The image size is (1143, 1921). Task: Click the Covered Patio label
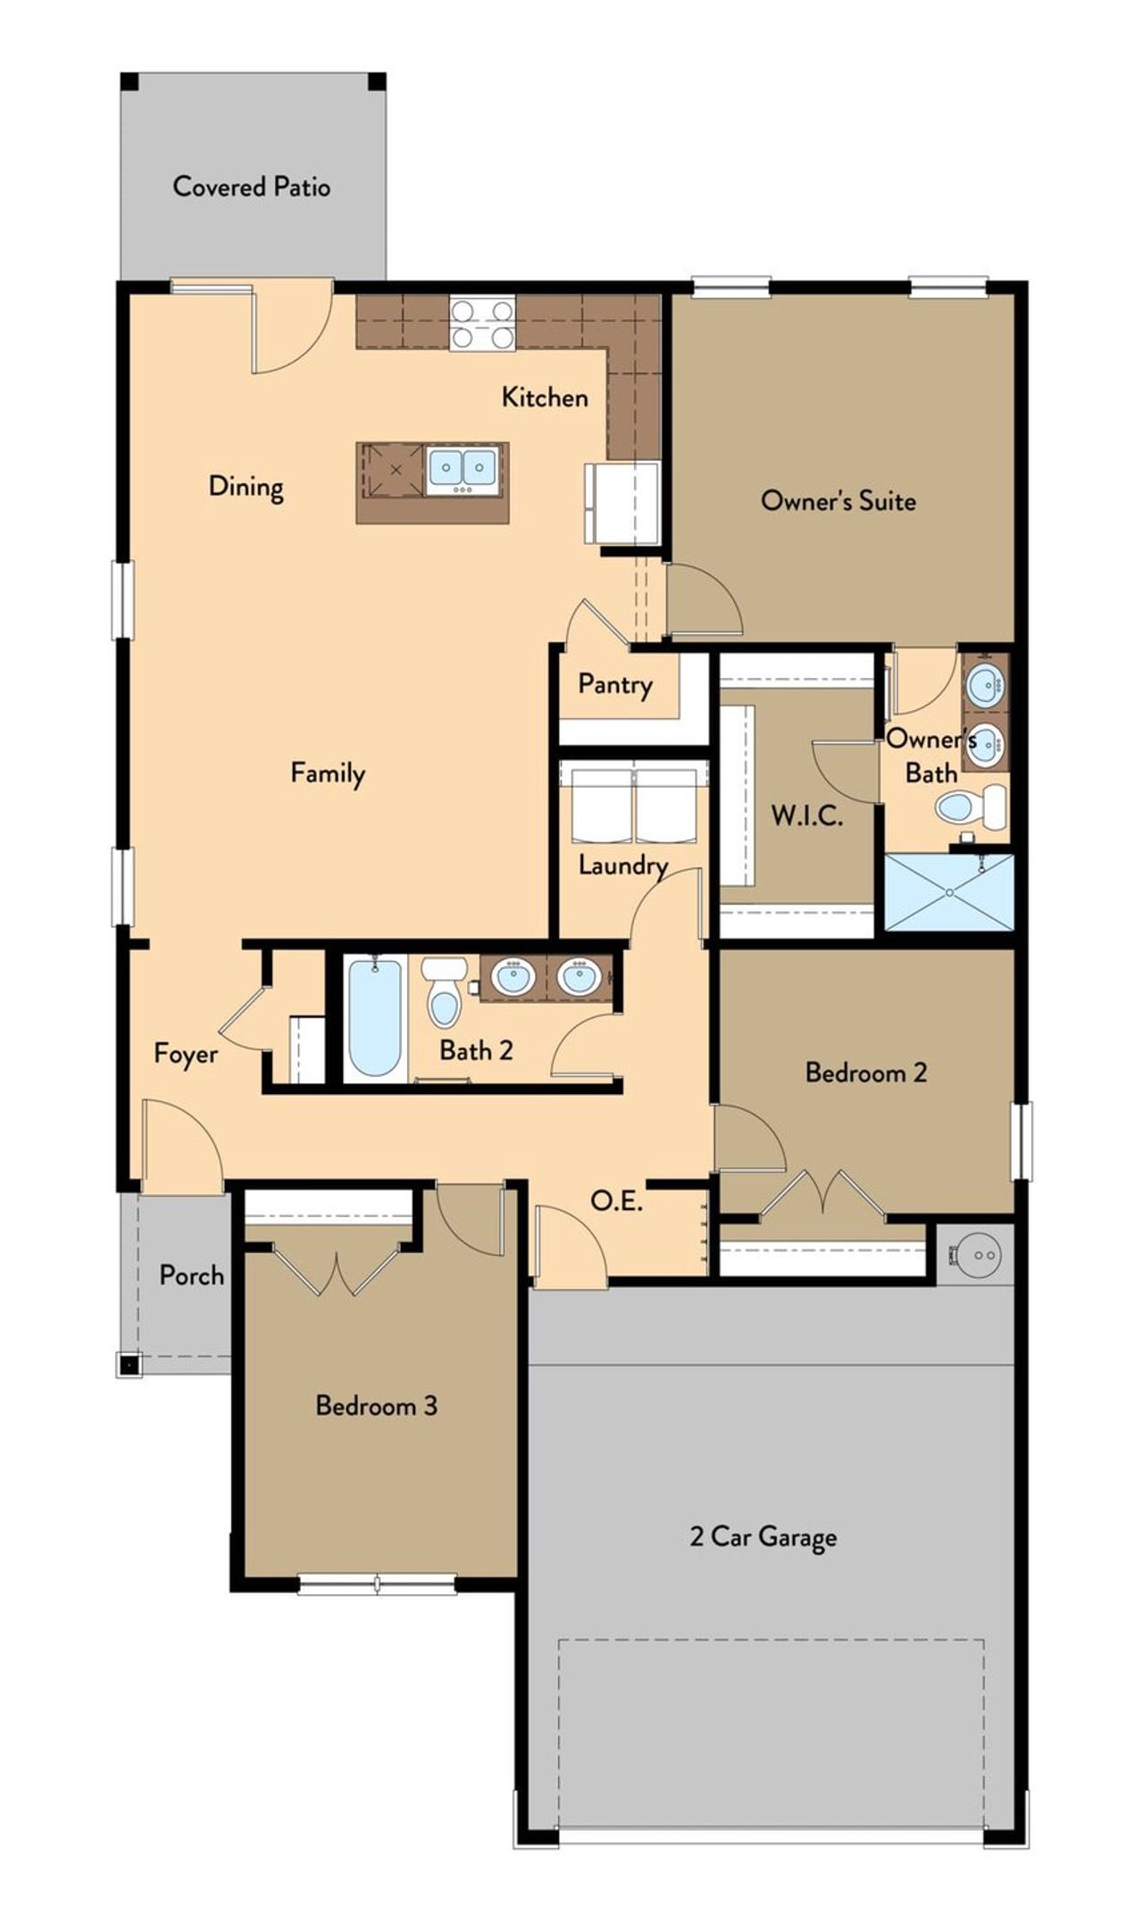click(x=251, y=187)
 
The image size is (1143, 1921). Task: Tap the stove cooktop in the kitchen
click(x=482, y=324)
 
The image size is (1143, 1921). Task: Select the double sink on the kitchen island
click(x=462, y=468)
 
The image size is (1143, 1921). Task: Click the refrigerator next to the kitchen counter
click(x=623, y=502)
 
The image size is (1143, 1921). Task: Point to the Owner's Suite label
click(x=838, y=500)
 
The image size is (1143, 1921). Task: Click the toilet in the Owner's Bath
click(x=970, y=807)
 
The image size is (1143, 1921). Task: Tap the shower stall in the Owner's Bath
click(x=948, y=892)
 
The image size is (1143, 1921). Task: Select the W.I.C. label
click(x=806, y=815)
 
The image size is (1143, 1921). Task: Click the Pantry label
click(x=614, y=685)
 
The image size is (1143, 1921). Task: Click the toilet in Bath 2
click(x=444, y=993)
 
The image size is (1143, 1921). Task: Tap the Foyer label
click(x=186, y=1054)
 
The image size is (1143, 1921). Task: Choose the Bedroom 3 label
click(x=376, y=1406)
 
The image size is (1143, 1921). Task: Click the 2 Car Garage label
click(x=763, y=1537)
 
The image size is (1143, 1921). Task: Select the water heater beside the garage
click(x=977, y=1254)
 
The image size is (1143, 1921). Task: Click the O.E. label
click(x=616, y=1201)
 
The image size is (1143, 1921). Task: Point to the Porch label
click(x=191, y=1275)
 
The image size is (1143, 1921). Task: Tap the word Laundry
click(x=622, y=864)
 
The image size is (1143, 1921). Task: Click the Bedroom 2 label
click(x=865, y=1072)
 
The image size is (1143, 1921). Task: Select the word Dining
click(x=246, y=487)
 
